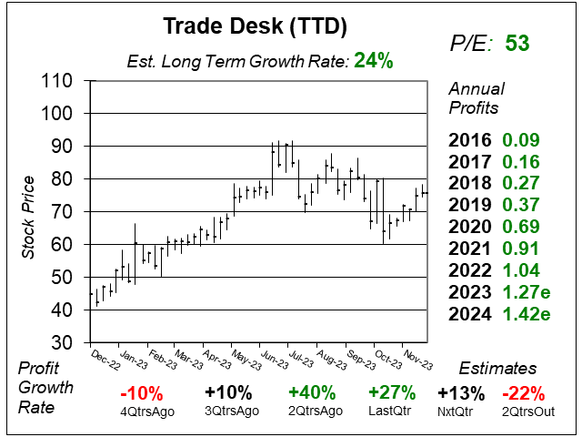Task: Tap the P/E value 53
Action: click(517, 43)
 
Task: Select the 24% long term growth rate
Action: click(374, 61)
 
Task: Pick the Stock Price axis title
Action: click(26, 211)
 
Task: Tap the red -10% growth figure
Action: click(141, 393)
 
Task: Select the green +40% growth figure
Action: click(312, 393)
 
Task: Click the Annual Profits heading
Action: click(474, 99)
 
